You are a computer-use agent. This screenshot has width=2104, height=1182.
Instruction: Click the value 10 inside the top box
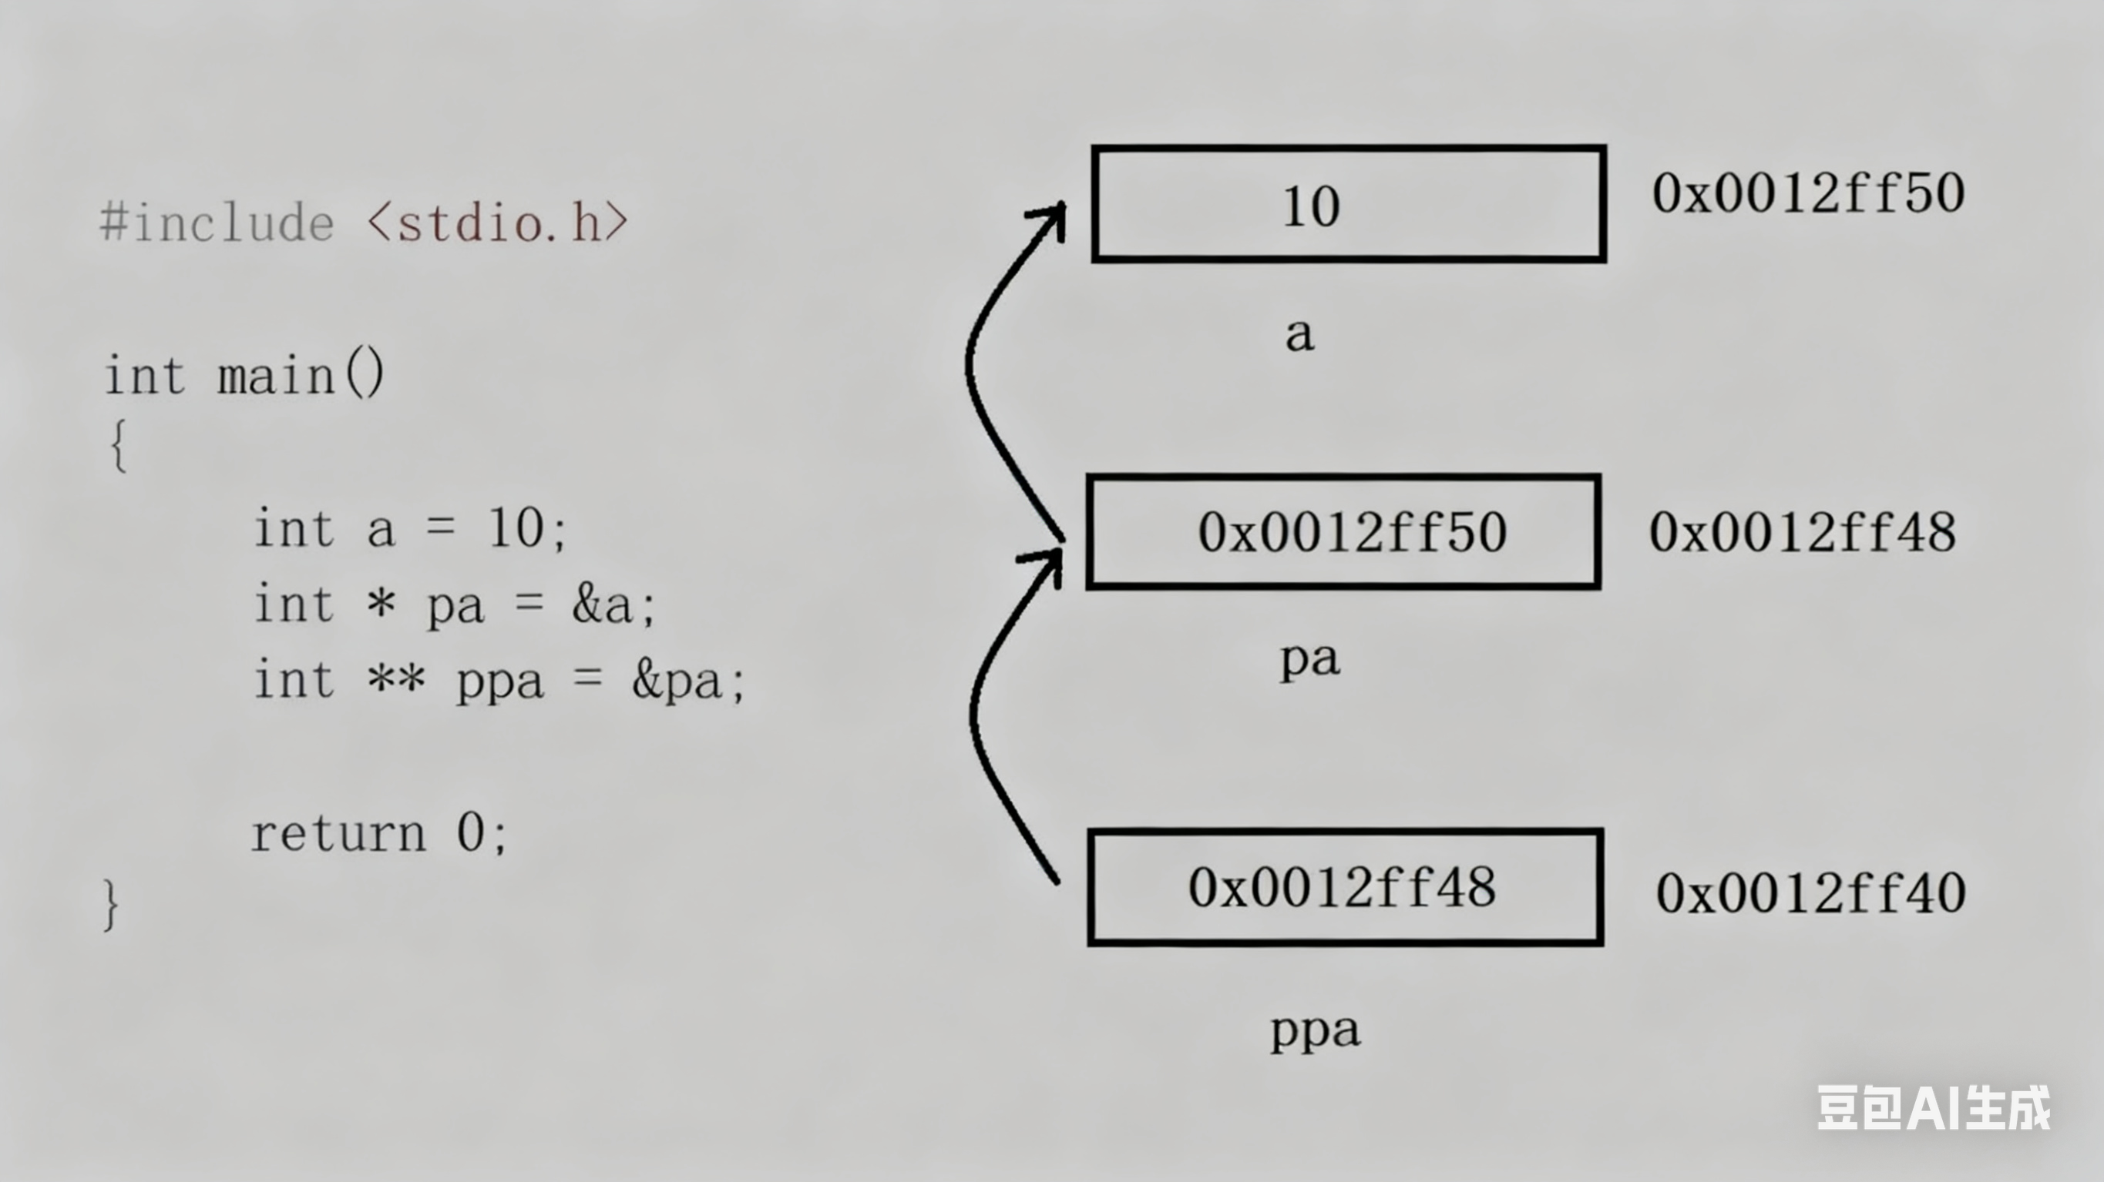click(1311, 206)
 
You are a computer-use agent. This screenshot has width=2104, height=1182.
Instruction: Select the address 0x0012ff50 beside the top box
click(1807, 193)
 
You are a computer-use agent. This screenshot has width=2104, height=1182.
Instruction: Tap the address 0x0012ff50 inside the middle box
click(1352, 532)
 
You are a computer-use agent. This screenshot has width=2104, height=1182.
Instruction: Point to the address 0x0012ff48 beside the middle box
click(1803, 532)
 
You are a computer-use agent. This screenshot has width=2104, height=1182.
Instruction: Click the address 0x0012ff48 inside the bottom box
click(1342, 887)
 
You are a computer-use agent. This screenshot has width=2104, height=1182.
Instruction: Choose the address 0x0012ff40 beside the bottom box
click(1810, 893)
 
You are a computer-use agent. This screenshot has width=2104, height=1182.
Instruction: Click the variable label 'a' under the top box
click(1299, 335)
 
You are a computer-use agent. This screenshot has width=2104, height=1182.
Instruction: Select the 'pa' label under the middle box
click(1309, 660)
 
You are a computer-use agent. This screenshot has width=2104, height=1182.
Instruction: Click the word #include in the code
click(217, 223)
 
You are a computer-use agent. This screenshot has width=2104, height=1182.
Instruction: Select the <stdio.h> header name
click(497, 223)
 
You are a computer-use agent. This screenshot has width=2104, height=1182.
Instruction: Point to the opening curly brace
click(119, 446)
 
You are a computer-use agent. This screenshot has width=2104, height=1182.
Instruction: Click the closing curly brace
click(111, 905)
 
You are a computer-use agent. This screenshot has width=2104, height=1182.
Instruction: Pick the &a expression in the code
click(603, 606)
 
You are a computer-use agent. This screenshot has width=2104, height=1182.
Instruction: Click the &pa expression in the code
click(677, 681)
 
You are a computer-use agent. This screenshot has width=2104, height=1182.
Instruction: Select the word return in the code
click(338, 834)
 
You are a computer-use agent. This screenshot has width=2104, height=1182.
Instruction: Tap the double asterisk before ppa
click(396, 679)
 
